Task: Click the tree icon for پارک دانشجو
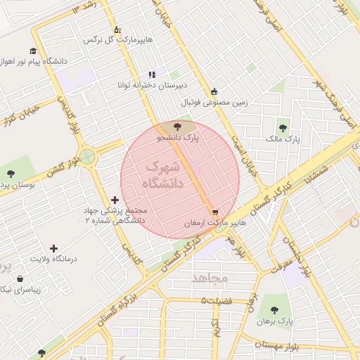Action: [177, 127]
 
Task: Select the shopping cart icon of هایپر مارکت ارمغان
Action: [214, 210]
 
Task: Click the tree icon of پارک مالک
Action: [283, 128]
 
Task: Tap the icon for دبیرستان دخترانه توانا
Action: [151, 75]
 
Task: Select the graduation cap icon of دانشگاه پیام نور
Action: [33, 51]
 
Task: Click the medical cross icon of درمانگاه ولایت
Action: [53, 247]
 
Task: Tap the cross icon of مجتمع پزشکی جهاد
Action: [115, 200]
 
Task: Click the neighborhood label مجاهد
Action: [210, 278]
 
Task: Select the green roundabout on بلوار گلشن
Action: [87, 156]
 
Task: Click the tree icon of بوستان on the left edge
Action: [10, 173]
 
